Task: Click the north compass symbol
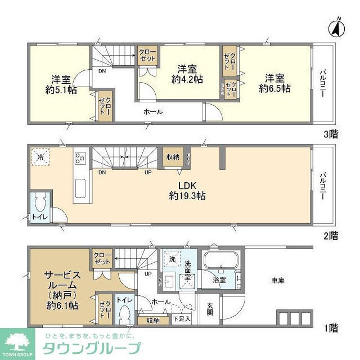(x=337, y=28)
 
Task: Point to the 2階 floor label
(x=331, y=236)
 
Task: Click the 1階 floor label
(x=331, y=327)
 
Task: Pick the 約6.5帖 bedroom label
(x=274, y=89)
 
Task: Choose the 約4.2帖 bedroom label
(x=187, y=80)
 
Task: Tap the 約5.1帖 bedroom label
(x=61, y=89)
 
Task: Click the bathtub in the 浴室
(x=220, y=263)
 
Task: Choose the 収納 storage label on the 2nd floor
(x=172, y=157)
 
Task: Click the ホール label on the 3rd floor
(x=153, y=112)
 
